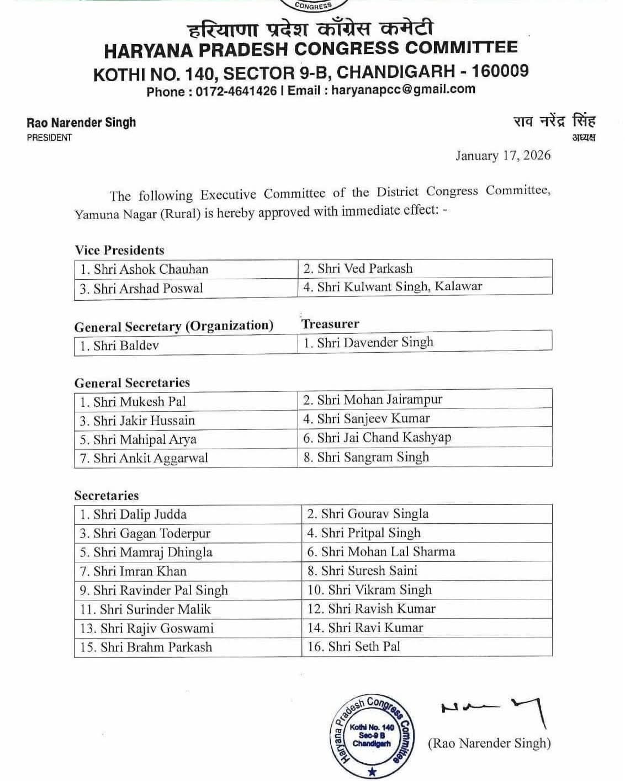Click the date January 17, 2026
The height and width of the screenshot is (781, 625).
[503, 156]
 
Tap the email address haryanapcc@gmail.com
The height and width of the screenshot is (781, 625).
[403, 89]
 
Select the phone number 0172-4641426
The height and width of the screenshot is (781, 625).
[236, 91]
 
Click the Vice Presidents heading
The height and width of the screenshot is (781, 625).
[120, 250]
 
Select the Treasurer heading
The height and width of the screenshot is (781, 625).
[330, 324]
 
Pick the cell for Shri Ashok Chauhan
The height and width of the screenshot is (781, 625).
[186, 269]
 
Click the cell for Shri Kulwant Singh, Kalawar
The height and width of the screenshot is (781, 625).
[425, 286]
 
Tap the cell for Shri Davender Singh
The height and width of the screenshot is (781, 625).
[425, 343]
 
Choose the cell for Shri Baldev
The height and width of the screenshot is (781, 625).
[186, 346]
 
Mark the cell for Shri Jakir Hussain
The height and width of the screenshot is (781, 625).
[186, 421]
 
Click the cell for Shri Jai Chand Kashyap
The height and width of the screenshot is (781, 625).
[425, 438]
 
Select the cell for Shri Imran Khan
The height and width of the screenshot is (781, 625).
[188, 571]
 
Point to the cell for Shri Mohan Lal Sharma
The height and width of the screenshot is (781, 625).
[427, 552]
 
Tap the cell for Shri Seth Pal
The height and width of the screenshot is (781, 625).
[427, 646]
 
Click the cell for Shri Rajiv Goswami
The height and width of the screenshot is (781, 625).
[188, 628]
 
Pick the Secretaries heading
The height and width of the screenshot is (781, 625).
[107, 495]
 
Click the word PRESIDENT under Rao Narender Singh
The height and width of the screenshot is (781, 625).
[49, 137]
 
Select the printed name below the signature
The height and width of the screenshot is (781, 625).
[489, 743]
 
